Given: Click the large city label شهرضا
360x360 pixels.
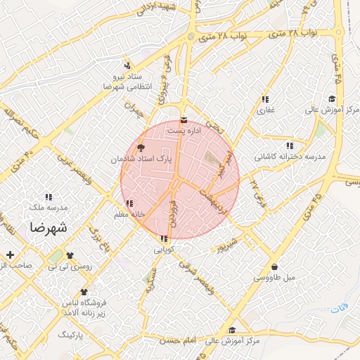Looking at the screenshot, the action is coord(48,229).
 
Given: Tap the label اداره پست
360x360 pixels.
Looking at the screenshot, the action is coord(184,130).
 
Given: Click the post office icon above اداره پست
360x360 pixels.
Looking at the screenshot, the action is coord(184,119).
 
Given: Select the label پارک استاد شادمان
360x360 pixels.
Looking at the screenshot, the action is coord(139,160).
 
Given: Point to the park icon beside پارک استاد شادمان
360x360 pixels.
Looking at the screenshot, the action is coord(139,148).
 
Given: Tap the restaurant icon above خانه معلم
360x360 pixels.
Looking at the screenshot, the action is coord(128,203).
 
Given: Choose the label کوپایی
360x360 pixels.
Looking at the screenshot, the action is coord(163,249).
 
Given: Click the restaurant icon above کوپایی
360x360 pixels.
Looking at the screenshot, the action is coord(163,238).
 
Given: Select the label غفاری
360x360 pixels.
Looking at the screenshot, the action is coord(265,110).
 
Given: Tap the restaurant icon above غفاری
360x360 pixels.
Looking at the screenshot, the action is coord(265,99).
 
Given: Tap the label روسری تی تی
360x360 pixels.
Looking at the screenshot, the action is coord(68,267).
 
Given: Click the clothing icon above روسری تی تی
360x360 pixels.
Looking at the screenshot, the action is coord(69,256).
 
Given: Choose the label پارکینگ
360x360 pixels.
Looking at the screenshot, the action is coord(70,335).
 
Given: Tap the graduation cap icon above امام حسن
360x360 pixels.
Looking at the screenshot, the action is coord(231,330).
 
